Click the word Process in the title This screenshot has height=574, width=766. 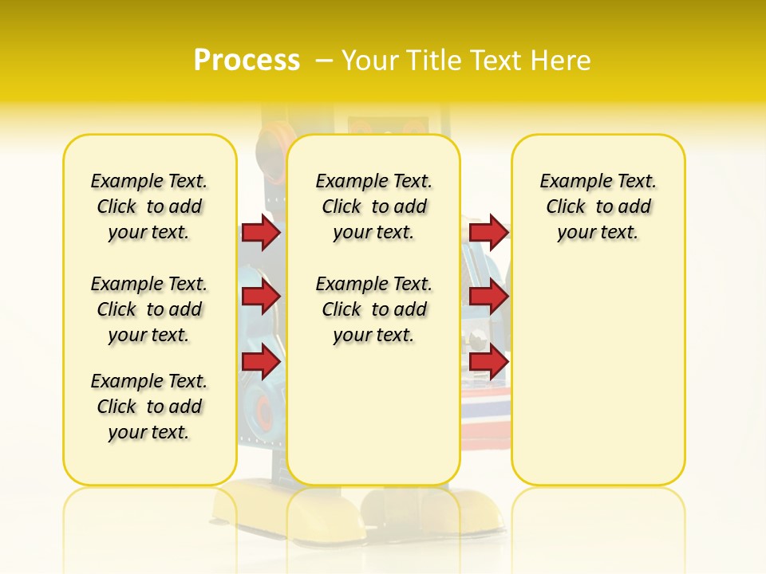247,60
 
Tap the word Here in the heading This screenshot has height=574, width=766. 563,61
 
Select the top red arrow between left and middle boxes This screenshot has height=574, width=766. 260,233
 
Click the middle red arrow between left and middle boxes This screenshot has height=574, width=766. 260,297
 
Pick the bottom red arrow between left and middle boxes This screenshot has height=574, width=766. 260,361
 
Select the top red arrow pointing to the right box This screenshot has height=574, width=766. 488,232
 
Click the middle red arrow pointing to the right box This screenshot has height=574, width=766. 488,297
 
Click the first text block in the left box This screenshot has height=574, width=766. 149,206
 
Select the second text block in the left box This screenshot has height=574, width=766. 149,309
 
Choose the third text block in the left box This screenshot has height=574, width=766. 149,407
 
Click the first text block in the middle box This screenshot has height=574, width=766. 373,206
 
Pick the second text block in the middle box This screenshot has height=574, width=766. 373,309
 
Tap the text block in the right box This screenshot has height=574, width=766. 598,206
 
